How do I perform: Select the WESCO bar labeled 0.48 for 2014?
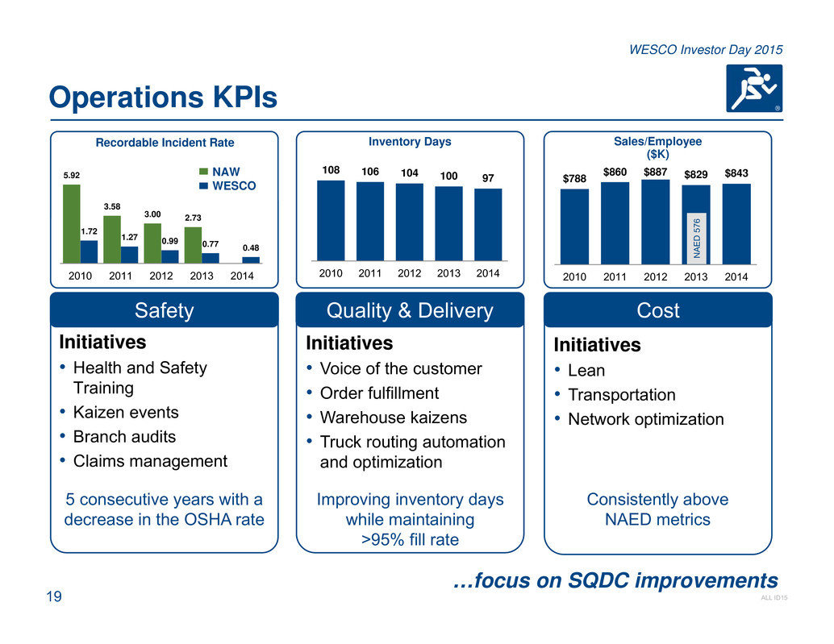click(x=251, y=260)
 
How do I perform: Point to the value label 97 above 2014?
click(x=487, y=177)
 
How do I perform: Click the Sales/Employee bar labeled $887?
click(x=655, y=222)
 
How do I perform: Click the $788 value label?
click(x=575, y=177)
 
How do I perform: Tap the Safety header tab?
click(x=165, y=310)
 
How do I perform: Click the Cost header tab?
click(x=658, y=310)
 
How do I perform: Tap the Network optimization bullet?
click(x=645, y=419)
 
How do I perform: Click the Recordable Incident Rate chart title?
click(x=165, y=143)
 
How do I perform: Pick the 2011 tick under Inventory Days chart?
click(x=369, y=273)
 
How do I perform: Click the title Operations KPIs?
click(x=162, y=98)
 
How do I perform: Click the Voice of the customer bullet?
click(x=401, y=368)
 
